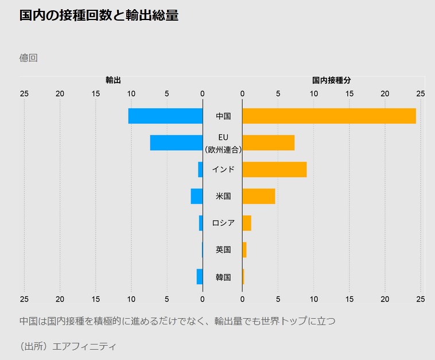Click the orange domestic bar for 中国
pos(329,116)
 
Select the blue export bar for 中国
pos(165,116)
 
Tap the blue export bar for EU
pos(176,143)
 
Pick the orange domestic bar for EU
pos(269,143)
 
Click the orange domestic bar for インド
pos(274,169)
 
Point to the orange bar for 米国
pos(259,196)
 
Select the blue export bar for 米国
pos(197,196)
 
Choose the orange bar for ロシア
pos(247,223)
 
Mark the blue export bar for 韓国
pos(200,276)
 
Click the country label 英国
pos(223,250)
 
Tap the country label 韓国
pos(223,277)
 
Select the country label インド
pos(223,170)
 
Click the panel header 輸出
pos(113,80)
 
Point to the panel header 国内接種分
pos(332,80)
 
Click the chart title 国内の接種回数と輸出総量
pos(99,16)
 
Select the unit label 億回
pos(28,58)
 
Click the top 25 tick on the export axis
pos(24,93)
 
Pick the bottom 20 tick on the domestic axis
pos(385,299)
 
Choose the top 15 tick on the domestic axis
pos(349,93)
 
